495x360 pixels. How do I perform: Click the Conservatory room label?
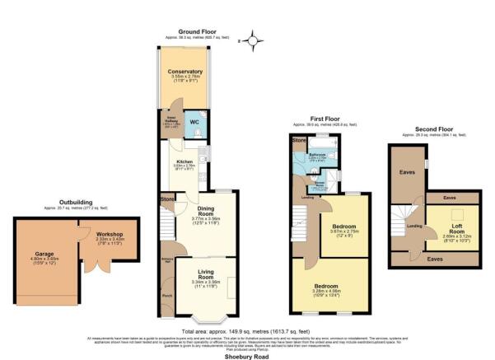click(185, 72)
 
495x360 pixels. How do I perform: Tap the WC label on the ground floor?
click(195, 123)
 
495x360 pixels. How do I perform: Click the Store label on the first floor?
click(297, 141)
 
